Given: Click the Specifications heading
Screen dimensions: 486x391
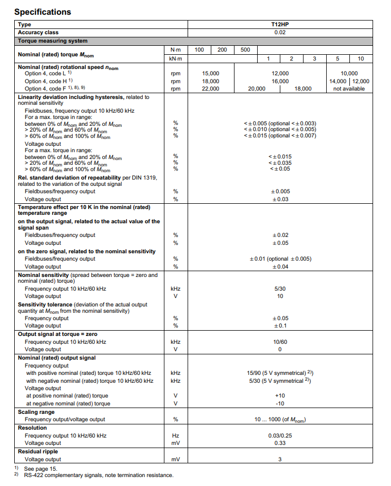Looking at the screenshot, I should [43, 12].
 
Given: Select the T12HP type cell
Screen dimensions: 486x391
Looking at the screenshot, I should [280, 24].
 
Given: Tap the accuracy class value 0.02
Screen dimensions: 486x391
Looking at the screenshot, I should [280, 32].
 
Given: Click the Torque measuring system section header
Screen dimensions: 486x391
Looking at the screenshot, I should [53, 41].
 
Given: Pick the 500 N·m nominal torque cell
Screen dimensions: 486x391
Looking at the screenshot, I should [245, 49].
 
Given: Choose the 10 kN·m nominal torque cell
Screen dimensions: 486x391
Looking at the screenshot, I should [360, 58].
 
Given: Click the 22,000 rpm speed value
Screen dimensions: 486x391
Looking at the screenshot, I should [211, 89].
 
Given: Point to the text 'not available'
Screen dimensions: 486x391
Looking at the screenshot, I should [349, 89].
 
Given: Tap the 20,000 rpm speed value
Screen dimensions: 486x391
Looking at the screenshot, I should [257, 89].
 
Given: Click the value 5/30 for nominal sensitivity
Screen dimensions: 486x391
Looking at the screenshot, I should [280, 289].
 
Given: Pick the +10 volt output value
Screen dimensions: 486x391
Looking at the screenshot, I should [280, 395].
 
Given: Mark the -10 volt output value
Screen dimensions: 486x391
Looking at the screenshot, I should [280, 403].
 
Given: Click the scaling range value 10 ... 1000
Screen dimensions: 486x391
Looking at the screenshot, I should [280, 420].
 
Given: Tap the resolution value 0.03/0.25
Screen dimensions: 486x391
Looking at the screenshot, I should [280, 435].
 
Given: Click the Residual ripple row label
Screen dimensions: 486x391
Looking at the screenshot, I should [38, 451].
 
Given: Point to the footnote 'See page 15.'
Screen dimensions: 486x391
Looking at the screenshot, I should [41, 468].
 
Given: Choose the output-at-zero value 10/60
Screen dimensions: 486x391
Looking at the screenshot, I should [280, 342].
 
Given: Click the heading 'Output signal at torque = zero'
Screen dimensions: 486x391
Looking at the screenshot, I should [57, 334].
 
